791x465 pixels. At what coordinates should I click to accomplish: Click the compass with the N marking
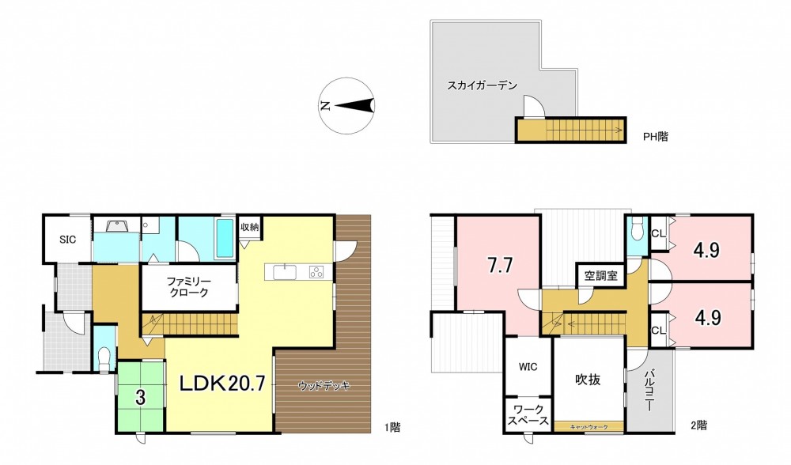coord(347,106)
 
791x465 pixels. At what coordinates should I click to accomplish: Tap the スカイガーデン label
coord(482,85)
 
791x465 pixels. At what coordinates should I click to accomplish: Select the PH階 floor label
coord(655,136)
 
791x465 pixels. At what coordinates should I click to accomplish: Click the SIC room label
coord(67,240)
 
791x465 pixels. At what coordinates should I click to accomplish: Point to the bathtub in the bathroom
coord(225,237)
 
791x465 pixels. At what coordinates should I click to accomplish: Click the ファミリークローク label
coord(188,287)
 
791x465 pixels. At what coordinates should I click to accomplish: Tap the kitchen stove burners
coord(317,272)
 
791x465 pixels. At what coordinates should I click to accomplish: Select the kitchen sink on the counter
coord(286,272)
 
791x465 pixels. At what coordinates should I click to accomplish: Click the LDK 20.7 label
coord(222,385)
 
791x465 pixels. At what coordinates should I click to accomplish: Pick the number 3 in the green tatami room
coord(140,398)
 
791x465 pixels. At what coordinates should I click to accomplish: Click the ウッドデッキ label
coord(324,387)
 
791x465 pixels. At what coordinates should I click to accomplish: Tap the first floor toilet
coord(104,358)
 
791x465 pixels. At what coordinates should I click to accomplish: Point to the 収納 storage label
coord(250,227)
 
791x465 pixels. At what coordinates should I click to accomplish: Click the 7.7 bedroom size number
coord(500,267)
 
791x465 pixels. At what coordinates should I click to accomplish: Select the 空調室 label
coord(601,276)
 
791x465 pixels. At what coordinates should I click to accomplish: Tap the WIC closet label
coord(528,367)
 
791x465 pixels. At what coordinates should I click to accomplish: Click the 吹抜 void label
coord(589,380)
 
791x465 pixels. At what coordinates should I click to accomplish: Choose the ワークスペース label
coord(528,415)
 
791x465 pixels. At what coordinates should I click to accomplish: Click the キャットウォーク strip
coord(589,427)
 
